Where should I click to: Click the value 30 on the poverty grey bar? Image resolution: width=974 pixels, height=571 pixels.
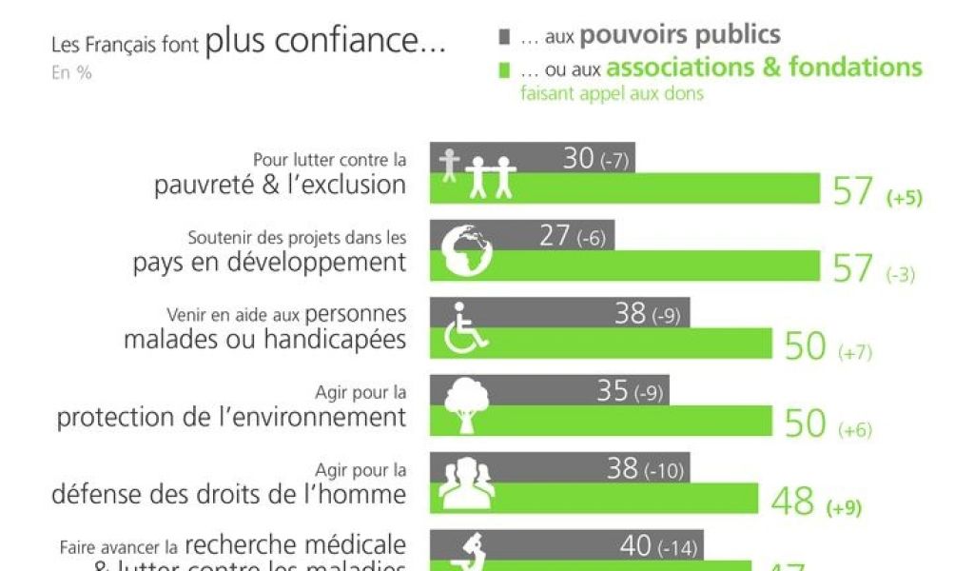click(578, 158)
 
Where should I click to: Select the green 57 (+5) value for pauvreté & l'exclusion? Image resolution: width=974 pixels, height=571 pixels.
click(853, 192)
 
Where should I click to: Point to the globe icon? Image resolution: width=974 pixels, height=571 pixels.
click(467, 250)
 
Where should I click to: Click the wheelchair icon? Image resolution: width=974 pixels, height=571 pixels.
click(465, 328)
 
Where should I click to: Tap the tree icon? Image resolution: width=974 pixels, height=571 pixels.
click(466, 404)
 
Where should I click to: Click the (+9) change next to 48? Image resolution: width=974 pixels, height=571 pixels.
click(844, 507)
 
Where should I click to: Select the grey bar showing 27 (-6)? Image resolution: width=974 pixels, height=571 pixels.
click(522, 235)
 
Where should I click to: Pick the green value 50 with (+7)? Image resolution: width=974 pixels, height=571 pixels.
click(805, 347)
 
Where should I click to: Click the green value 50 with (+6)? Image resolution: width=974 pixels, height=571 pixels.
click(805, 424)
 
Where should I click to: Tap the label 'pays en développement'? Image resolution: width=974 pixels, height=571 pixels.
click(269, 262)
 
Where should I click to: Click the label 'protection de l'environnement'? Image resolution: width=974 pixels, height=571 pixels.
click(231, 417)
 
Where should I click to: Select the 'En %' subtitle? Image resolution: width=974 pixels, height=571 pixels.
click(72, 72)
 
